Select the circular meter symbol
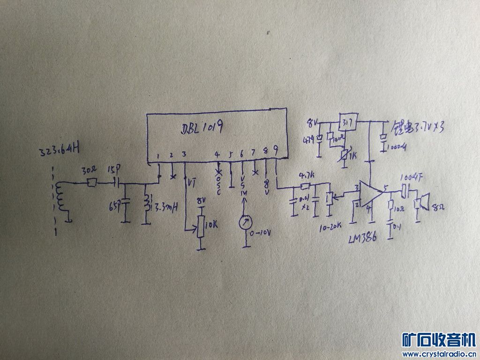click(244, 223)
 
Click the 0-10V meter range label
click(261, 233)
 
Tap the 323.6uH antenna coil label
click(60, 150)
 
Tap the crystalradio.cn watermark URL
click(439, 354)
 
